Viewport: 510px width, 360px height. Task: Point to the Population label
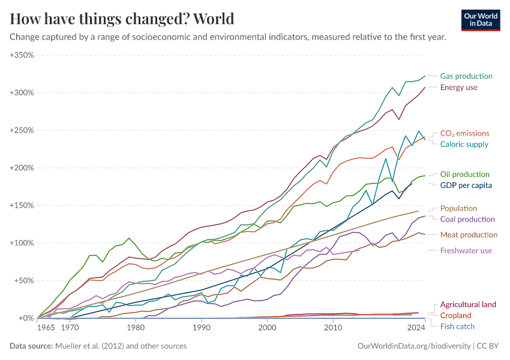coord(458,208)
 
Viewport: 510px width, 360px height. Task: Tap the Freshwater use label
coord(466,250)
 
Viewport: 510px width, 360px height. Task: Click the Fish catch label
coord(457,326)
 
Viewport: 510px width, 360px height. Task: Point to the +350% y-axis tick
coord(22,55)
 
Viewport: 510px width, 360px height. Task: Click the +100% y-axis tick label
coord(22,243)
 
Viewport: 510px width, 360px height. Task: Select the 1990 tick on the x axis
coord(202,328)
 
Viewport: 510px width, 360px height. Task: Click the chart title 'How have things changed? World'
coord(122,19)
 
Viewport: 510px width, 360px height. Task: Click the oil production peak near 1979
coord(128,238)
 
